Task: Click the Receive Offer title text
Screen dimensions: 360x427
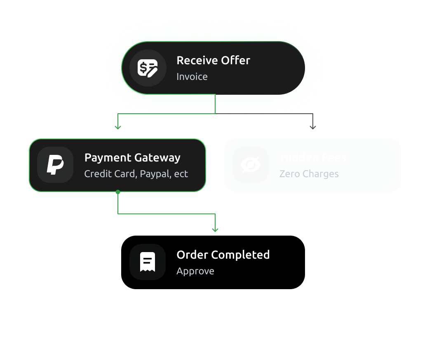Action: coord(213,61)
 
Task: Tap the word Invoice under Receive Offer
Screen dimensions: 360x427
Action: coord(192,77)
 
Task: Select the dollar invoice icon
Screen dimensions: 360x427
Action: coord(148,68)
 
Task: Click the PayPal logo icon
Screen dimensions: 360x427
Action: coord(55,165)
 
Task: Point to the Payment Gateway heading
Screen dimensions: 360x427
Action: coord(132,158)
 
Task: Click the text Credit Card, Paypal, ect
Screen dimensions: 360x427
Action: coord(136,174)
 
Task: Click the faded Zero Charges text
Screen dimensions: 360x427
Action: coord(309,174)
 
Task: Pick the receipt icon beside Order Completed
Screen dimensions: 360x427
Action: coord(148,262)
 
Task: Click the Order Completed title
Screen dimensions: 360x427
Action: coord(223,255)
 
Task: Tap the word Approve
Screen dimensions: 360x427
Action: coord(195,271)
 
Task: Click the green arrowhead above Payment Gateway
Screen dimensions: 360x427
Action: coord(118,127)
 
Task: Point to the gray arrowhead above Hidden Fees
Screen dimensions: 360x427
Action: coord(313,127)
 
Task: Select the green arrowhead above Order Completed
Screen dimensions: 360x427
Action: coord(215,229)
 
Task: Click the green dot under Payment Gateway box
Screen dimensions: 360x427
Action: coord(118,192)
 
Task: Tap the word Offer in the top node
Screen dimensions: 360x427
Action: coord(235,61)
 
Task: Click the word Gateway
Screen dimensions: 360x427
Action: coord(158,158)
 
